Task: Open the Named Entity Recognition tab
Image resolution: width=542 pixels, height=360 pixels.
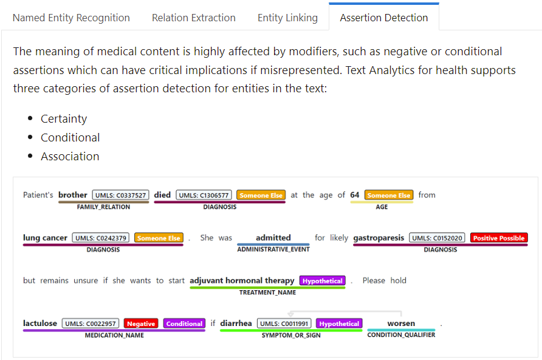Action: pos(71,18)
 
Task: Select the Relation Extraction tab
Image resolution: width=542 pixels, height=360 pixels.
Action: pos(194,18)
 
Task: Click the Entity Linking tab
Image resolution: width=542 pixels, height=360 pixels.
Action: pos(287,18)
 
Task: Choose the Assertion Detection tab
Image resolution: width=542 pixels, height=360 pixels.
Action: pos(383,18)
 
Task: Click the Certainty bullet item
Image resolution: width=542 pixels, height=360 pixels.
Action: pos(64,119)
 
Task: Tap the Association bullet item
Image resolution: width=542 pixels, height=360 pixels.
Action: pos(70,157)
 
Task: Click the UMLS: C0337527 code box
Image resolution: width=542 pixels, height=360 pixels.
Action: pos(121,195)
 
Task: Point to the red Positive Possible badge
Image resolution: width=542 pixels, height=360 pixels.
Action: pos(499,238)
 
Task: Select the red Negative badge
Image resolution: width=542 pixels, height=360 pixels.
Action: pos(141,324)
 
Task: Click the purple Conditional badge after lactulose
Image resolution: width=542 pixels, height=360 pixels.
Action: pos(184,324)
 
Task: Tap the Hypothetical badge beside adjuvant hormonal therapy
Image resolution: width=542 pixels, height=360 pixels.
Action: pos(323,281)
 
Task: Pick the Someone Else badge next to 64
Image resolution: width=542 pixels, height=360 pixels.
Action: pos(389,195)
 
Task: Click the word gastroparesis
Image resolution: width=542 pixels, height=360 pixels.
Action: pos(379,238)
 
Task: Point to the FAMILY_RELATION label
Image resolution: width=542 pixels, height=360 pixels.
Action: pos(103,207)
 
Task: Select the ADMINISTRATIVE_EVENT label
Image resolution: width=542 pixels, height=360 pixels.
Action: pos(273,250)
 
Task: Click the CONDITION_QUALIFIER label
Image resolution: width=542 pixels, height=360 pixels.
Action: pos(401,335)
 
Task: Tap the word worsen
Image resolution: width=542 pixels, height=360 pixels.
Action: pos(401,324)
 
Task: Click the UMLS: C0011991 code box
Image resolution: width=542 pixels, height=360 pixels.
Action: pos(284,324)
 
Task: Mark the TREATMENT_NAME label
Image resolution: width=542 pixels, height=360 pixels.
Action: pos(267,293)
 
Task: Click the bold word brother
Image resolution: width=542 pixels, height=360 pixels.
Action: pos(72,195)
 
